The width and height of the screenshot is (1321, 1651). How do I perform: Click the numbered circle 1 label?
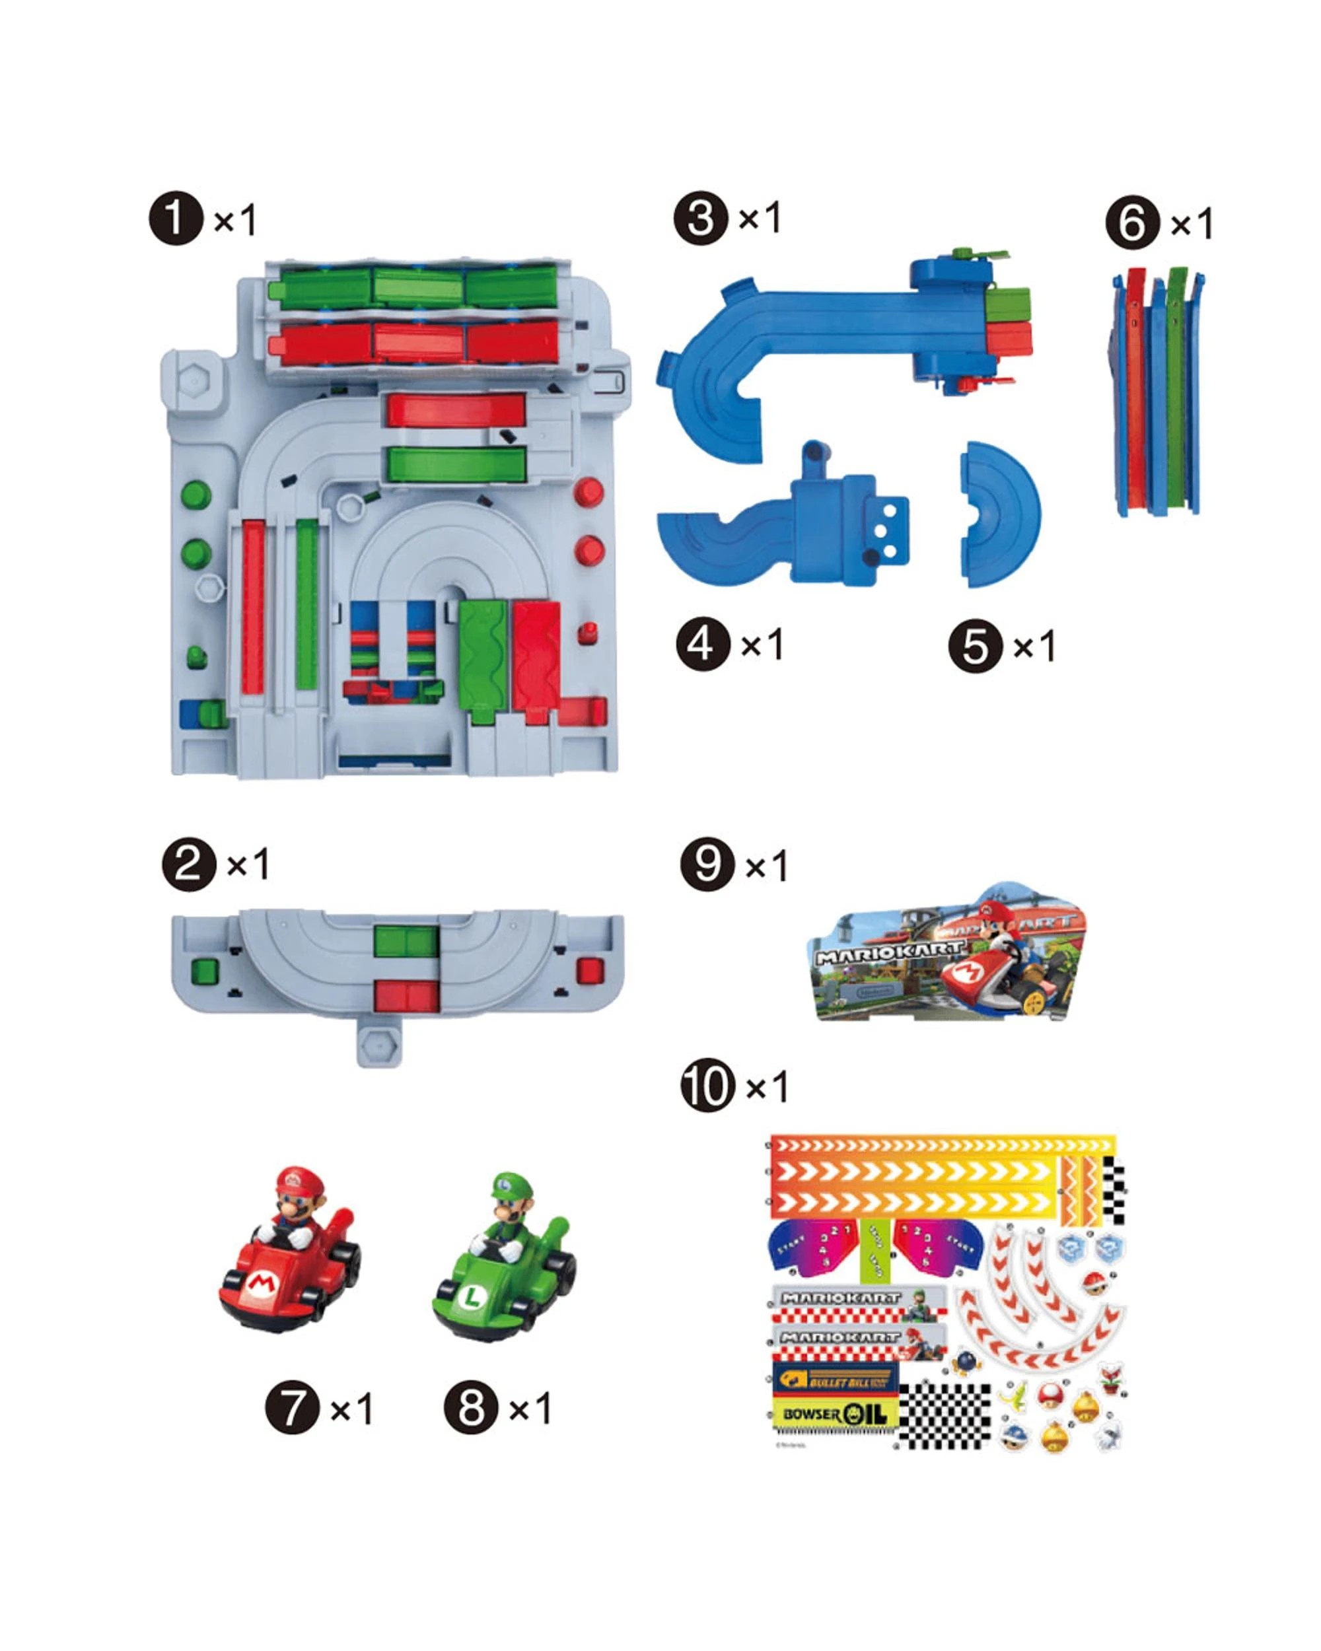coord(176,219)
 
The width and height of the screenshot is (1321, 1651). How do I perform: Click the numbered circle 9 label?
coord(707,865)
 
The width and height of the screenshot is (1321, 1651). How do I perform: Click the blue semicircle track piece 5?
coord(1000,514)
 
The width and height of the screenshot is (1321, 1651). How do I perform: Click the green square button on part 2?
coord(205,973)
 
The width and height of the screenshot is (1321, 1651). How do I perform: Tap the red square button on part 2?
coord(590,971)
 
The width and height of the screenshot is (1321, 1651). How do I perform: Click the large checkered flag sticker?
coord(945,1415)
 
